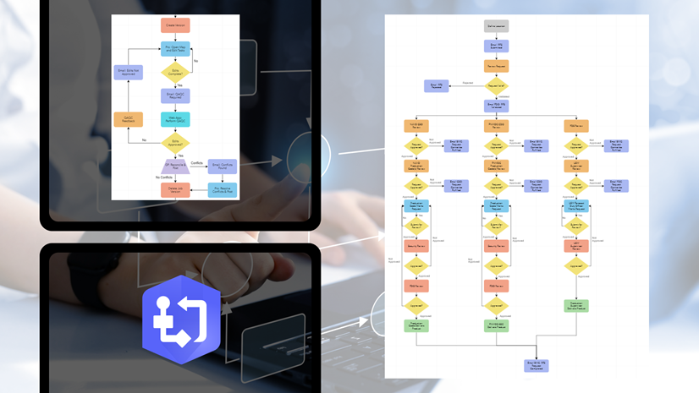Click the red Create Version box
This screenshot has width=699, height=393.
click(175, 25)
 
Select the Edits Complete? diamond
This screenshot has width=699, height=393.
click(175, 73)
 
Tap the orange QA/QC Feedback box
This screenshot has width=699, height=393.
click(129, 119)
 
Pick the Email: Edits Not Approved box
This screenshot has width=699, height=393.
click(129, 73)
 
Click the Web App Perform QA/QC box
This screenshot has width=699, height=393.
click(175, 119)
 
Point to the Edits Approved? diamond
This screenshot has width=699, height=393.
click(175, 142)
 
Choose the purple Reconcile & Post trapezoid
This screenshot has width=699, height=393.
click(175, 166)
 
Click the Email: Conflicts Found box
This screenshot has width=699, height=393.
click(222, 166)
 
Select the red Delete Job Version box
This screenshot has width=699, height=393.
click(175, 189)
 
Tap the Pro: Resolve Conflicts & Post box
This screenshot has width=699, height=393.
click(222, 189)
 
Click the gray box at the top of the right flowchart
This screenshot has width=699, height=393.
click(497, 27)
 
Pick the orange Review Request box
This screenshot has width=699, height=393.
click(497, 65)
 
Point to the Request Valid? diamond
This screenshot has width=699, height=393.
click(497, 85)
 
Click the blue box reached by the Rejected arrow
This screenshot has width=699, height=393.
click(436, 85)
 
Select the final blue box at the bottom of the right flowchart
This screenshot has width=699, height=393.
click(537, 365)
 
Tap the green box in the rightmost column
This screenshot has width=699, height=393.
click(576, 306)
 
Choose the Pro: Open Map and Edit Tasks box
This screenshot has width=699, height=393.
click(175, 49)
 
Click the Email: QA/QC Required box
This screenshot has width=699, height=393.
click(175, 96)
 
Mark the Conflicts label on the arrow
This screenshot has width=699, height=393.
click(196, 163)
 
